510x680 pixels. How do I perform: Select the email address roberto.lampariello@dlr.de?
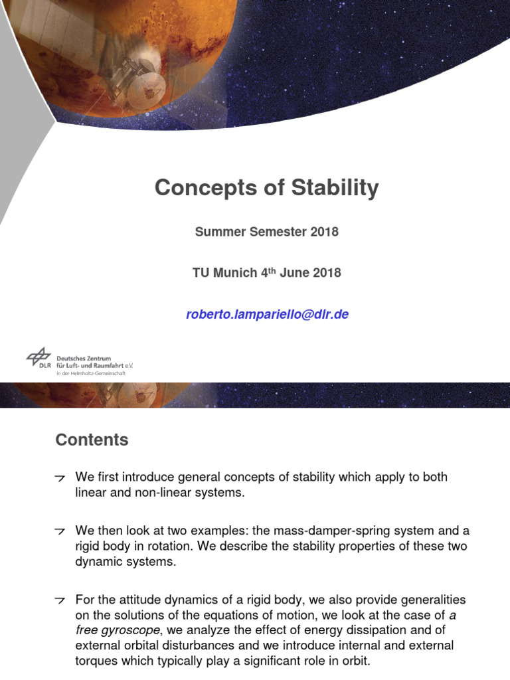267,315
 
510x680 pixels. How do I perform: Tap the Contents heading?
92,440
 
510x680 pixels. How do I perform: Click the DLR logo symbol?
39,358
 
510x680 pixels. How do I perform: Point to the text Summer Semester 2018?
266,232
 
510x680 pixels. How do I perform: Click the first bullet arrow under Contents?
60,478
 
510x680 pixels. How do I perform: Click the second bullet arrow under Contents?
60,532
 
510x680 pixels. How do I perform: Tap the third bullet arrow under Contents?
60,600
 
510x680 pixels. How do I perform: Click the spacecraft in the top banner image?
136,73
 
